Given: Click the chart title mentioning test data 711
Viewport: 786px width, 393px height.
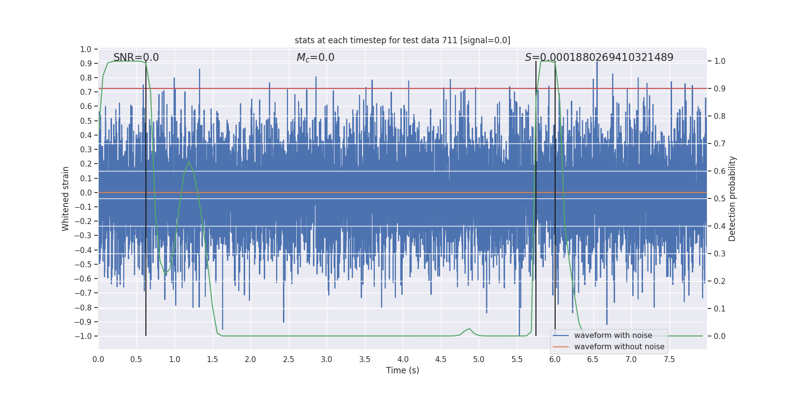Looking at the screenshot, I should [x=402, y=40].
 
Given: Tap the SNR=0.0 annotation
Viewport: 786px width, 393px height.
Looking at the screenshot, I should [x=136, y=57].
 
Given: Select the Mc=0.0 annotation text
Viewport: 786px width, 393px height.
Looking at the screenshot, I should [x=315, y=57].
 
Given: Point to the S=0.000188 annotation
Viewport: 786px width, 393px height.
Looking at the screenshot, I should [x=599, y=57].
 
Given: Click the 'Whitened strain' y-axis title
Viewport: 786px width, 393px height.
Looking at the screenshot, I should [x=66, y=198].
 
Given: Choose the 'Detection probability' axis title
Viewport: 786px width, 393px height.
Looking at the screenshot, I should [x=732, y=198].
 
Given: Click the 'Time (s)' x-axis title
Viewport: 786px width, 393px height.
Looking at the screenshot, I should [x=402, y=370].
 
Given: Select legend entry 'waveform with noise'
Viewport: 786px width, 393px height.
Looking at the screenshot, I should [x=613, y=336].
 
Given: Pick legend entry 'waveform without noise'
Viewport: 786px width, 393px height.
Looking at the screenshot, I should [x=619, y=347].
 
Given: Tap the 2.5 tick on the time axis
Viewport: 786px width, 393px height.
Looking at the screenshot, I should [x=289, y=360].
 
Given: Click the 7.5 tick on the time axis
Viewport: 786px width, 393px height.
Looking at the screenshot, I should [x=669, y=360].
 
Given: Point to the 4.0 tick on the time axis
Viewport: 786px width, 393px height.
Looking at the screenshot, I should [x=403, y=360].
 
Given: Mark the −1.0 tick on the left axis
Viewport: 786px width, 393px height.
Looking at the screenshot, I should [x=83, y=336].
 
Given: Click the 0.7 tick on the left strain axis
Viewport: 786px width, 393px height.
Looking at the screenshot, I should [x=86, y=92].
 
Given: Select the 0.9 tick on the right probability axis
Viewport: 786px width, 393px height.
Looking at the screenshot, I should [x=720, y=89].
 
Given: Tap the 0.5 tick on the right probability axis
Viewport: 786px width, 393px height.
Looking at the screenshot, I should [x=720, y=198].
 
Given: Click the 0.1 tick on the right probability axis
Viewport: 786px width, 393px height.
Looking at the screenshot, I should [x=720, y=309].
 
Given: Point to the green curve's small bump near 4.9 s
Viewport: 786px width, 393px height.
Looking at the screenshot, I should [x=469, y=329].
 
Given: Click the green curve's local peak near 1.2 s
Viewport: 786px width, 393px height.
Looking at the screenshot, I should [x=189, y=162].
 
